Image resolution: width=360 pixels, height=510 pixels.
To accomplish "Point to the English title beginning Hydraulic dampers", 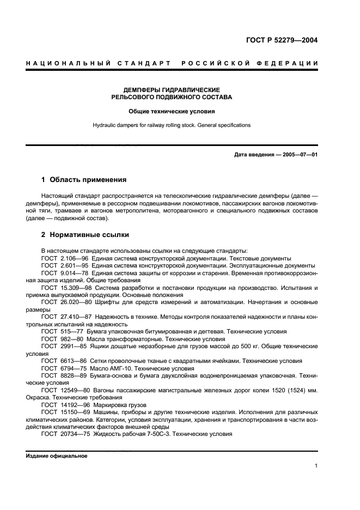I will pos(172,125).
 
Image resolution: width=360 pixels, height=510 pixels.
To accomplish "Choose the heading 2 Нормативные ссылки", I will pos(85,235).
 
